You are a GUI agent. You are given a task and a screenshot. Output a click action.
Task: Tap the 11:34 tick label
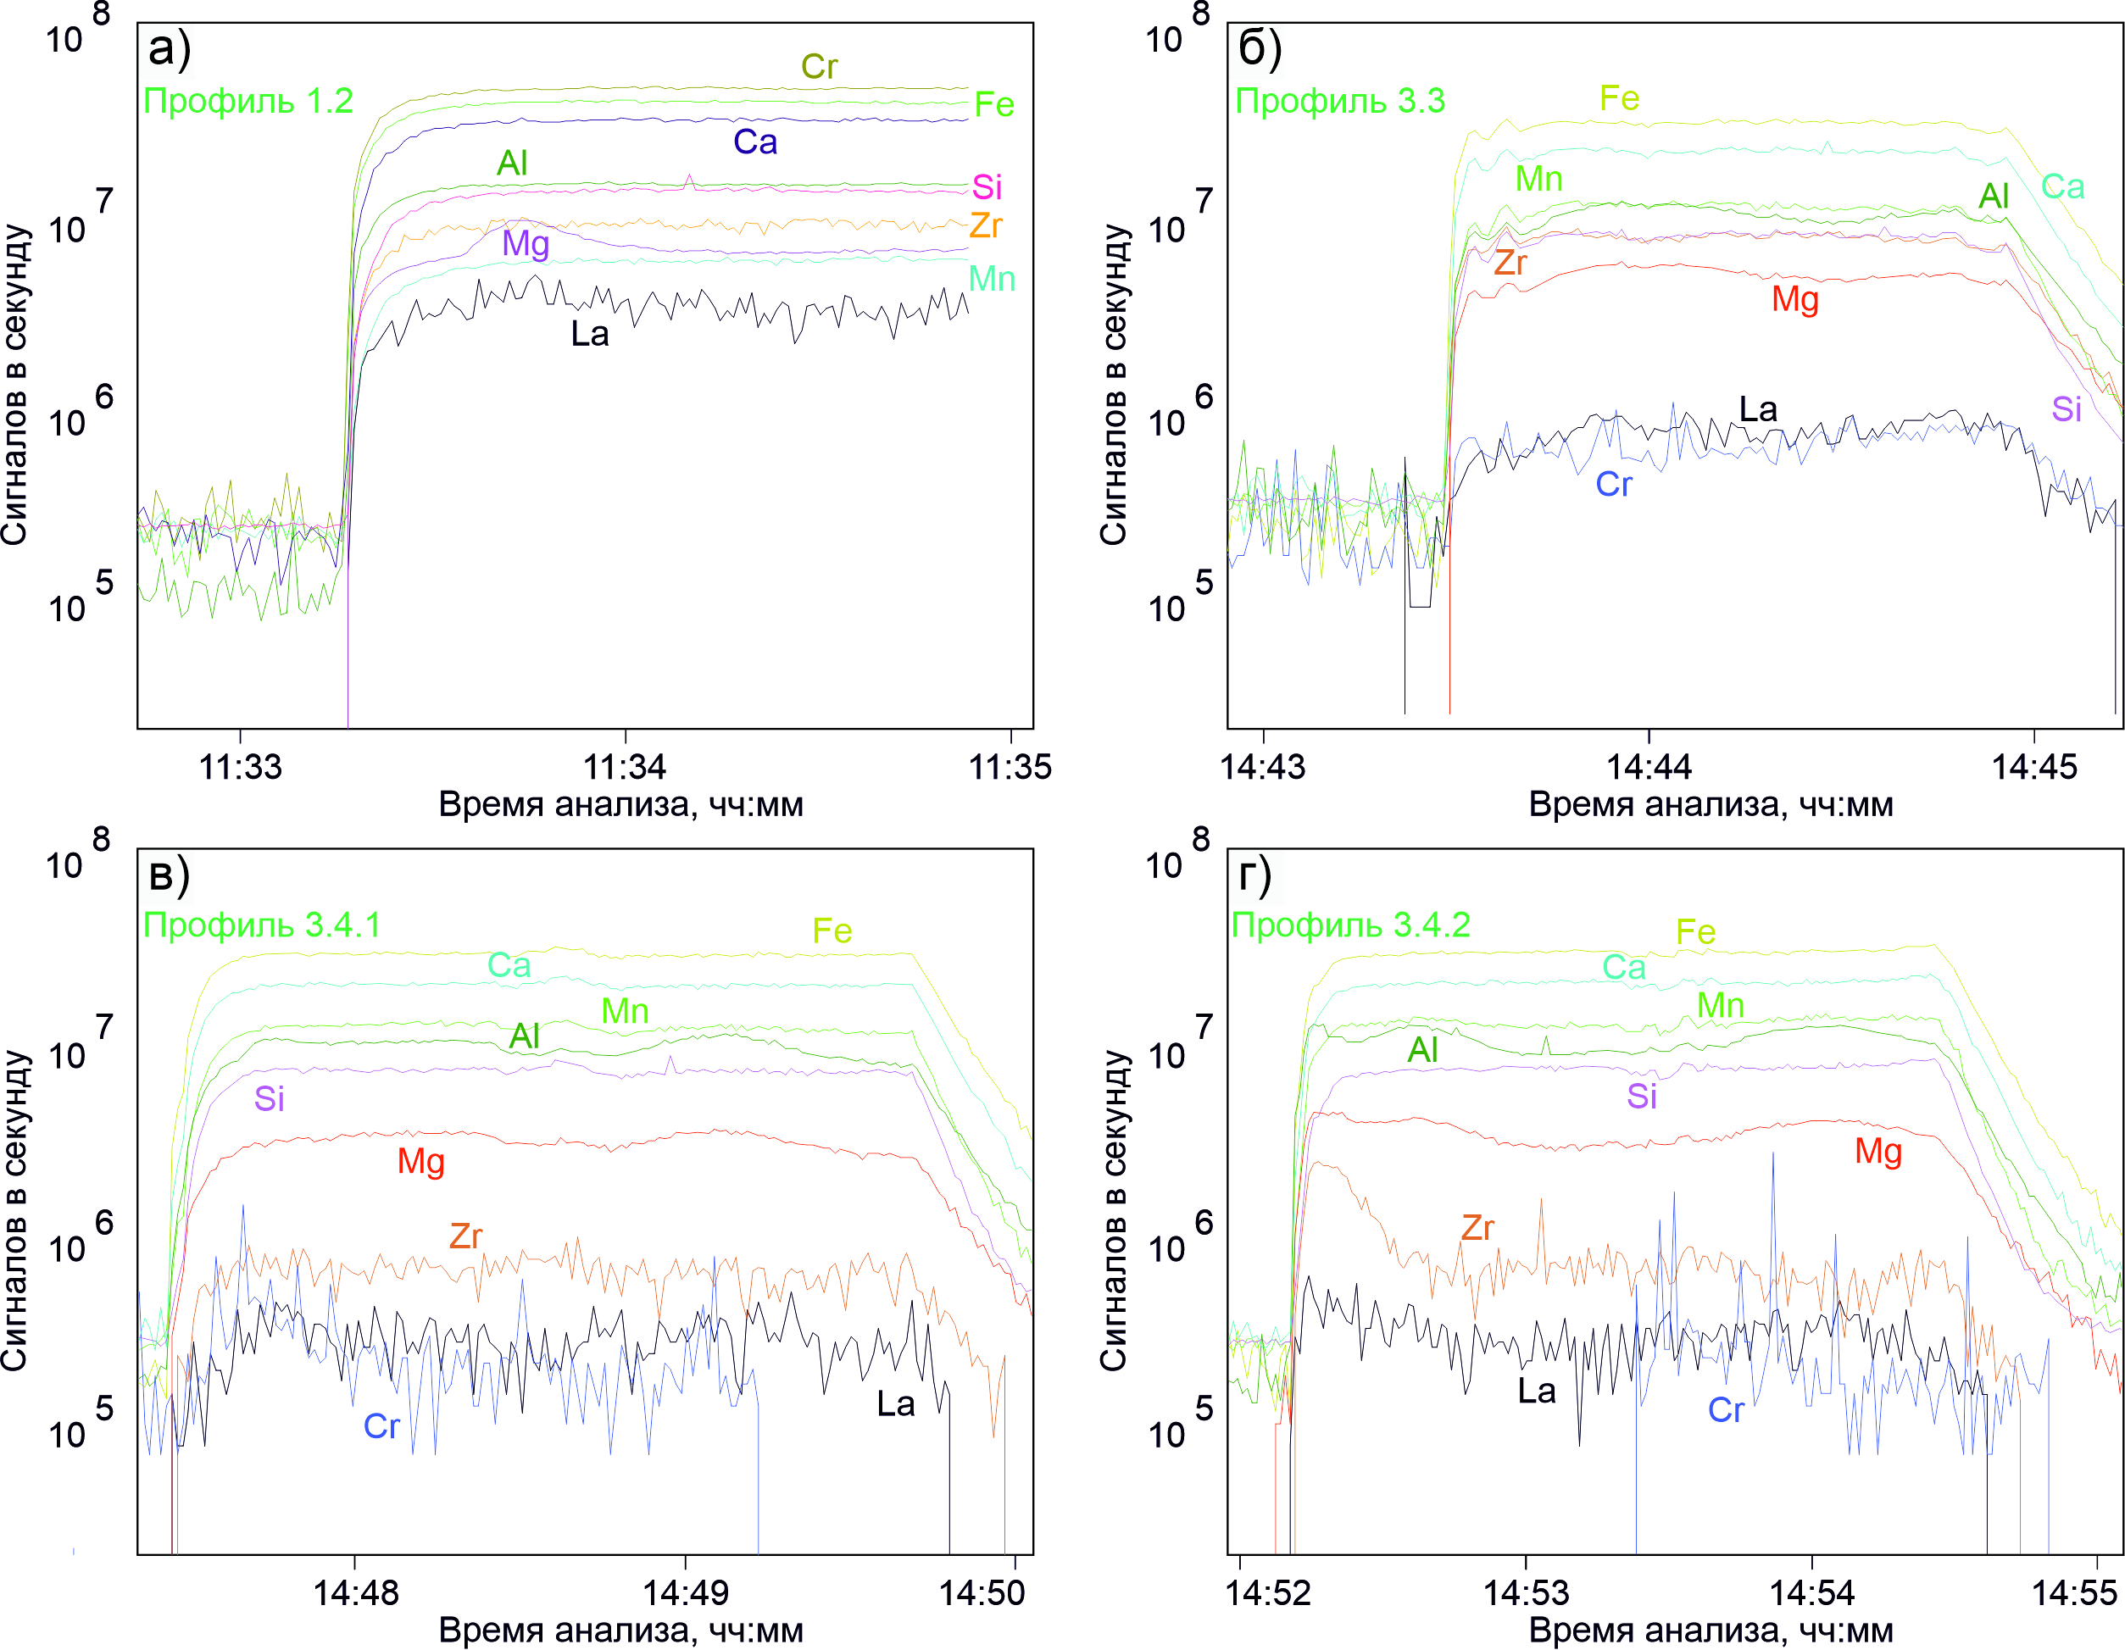625,767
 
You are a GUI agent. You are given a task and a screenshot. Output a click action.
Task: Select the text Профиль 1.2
248,101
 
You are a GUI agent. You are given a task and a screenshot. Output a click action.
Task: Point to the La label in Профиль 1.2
590,335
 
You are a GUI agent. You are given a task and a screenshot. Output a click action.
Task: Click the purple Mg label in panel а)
526,243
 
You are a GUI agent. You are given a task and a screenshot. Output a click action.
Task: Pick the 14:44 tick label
1649,767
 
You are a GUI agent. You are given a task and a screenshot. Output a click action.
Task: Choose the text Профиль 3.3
1340,101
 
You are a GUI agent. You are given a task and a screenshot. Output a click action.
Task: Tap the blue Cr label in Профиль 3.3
1613,485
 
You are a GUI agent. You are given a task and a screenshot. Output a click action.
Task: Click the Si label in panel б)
2067,409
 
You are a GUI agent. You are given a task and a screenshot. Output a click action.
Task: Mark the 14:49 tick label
685,1592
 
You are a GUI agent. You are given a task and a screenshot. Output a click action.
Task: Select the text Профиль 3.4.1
262,925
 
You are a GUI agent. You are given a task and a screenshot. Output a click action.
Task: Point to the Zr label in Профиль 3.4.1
465,1236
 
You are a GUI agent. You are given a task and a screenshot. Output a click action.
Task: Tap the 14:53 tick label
1526,1592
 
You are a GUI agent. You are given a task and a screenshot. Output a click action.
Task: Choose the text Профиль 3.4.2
1350,925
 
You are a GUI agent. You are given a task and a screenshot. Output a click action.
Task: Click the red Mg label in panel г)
1877,1152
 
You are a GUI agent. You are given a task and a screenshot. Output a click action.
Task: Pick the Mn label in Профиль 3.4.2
1720,1006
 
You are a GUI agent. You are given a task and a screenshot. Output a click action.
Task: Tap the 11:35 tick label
1010,767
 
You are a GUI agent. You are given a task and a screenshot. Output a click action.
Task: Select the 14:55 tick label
2074,1592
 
